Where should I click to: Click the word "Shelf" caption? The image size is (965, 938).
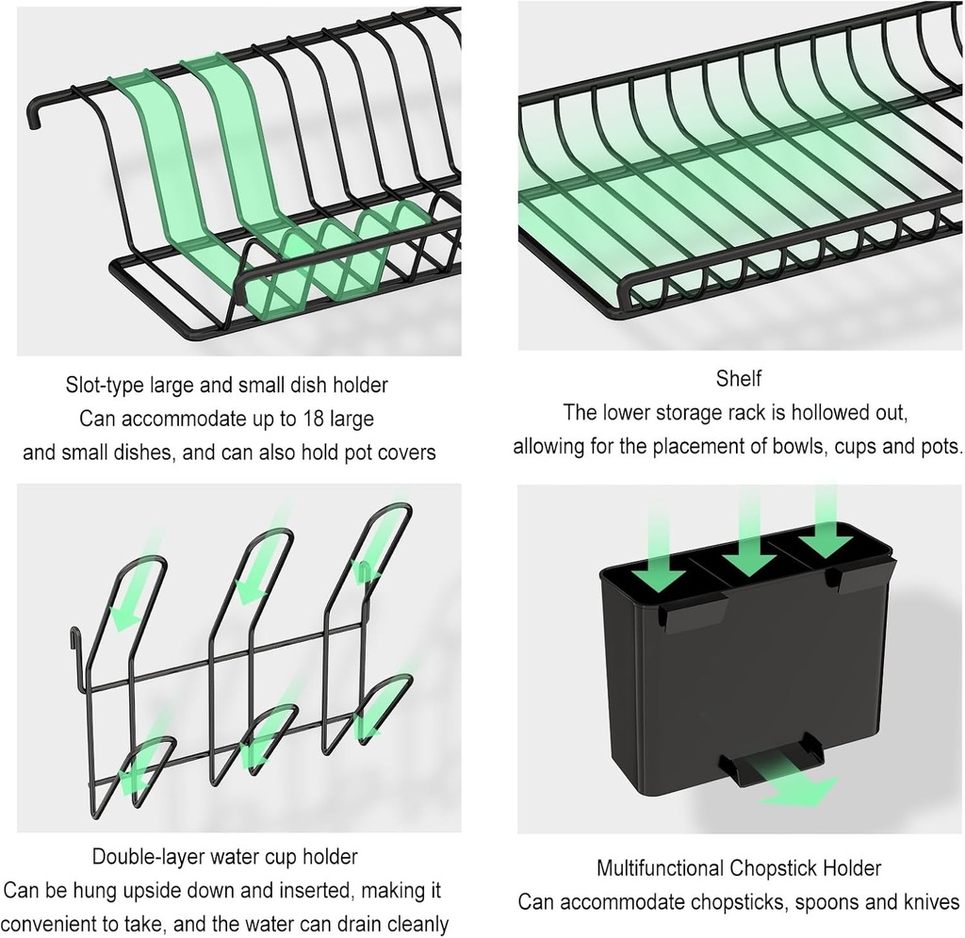tap(738, 379)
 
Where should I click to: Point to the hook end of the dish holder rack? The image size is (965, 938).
tap(35, 114)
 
